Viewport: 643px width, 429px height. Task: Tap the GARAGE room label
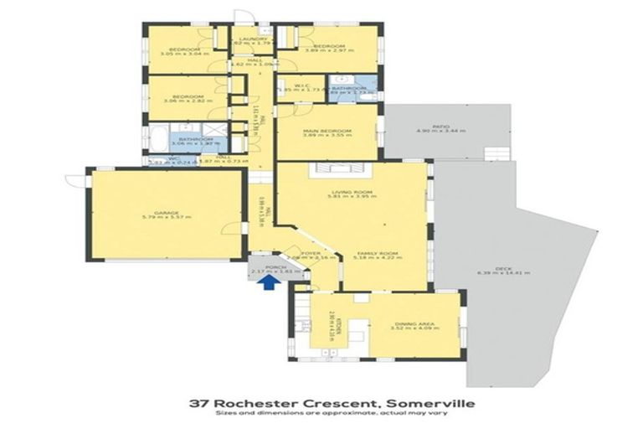(x=167, y=212)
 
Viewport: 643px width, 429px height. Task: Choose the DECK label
(x=503, y=268)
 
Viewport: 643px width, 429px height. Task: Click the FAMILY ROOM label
(x=374, y=253)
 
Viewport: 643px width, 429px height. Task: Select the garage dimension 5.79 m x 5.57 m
(x=167, y=217)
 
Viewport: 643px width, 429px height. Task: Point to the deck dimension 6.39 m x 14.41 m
(x=503, y=273)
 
